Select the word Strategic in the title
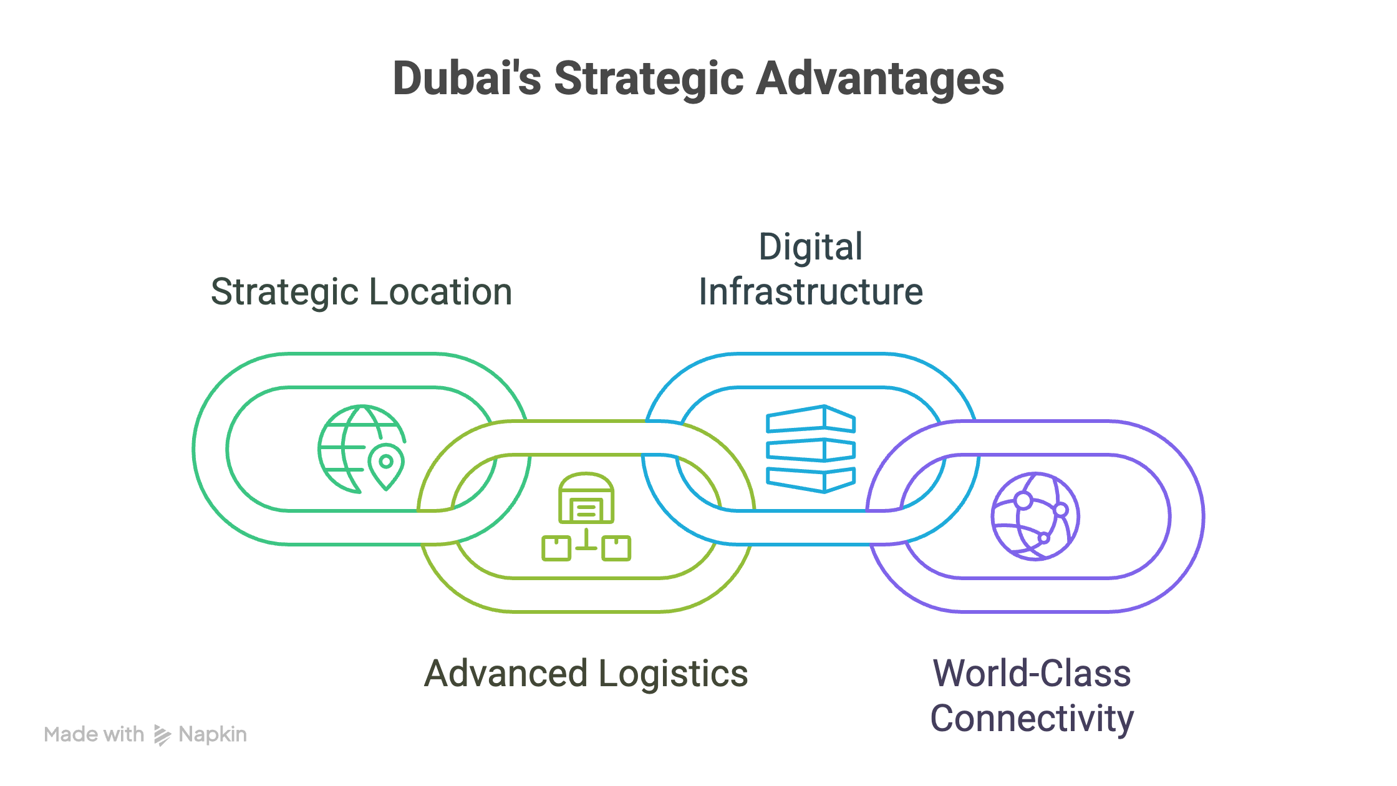pos(649,79)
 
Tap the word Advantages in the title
pos(880,79)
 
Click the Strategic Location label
pos(361,292)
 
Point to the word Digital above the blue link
pos(811,247)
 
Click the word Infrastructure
pos(811,292)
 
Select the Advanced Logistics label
pos(586,674)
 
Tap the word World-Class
pos(1032,674)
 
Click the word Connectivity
pos(1032,719)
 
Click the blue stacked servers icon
pos(811,449)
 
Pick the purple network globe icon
pos(1035,517)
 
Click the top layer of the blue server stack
pos(811,419)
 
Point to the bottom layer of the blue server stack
pos(811,479)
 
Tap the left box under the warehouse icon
pos(556,548)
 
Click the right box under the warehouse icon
pos(617,548)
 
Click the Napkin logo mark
pos(162,735)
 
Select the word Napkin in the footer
pos(213,735)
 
